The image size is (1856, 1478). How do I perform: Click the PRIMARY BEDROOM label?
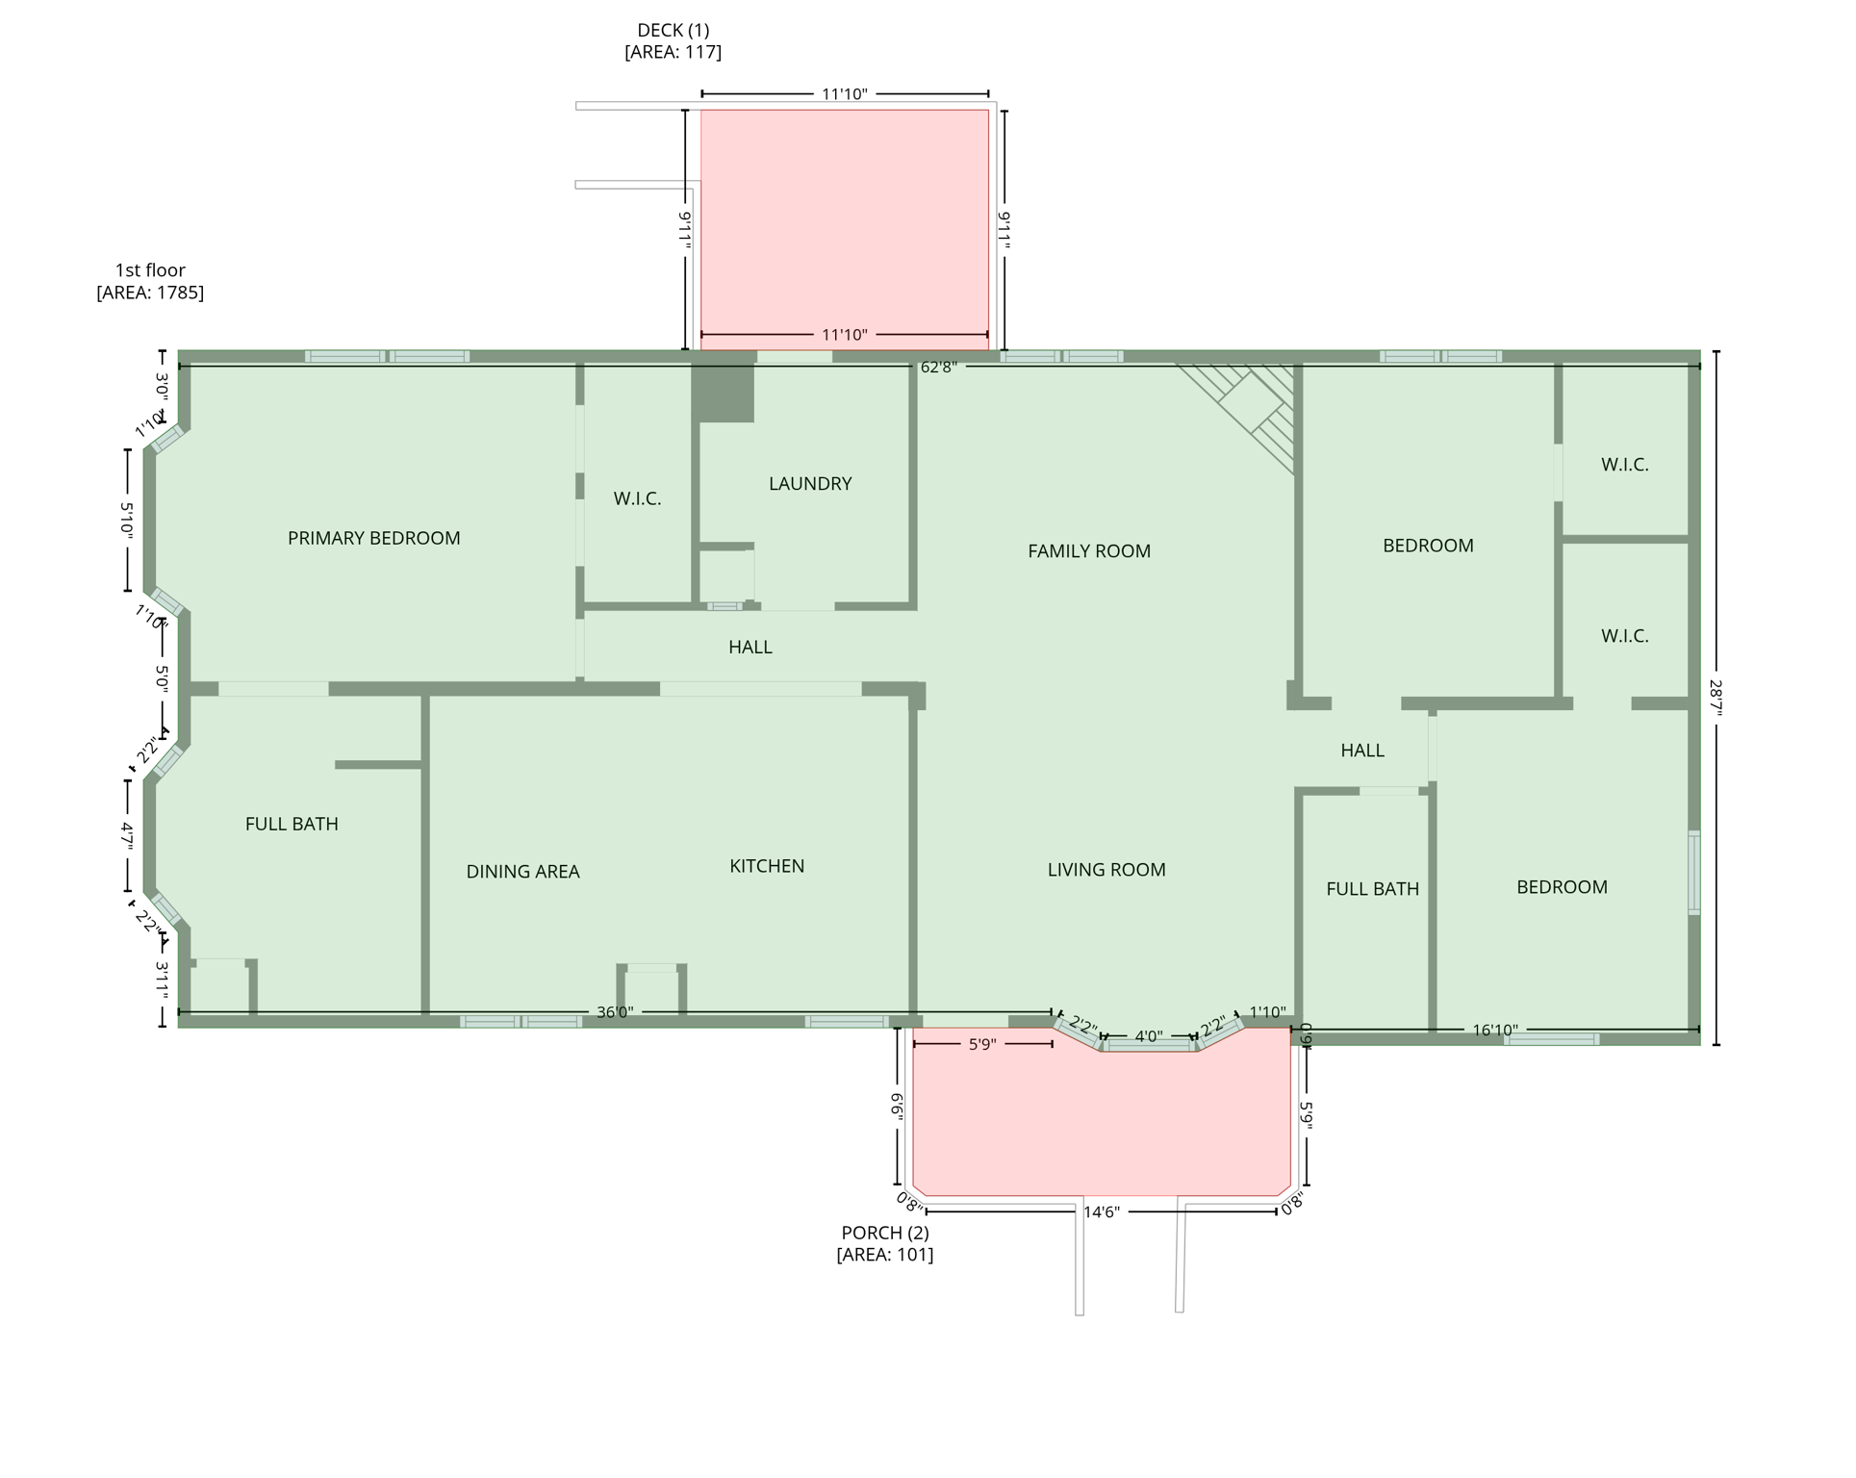[374, 539]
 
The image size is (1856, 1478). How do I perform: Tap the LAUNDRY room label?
[811, 484]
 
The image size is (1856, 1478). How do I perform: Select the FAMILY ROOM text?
[1090, 551]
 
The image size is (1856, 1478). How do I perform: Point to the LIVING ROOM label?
[1107, 870]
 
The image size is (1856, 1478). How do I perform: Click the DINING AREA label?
[523, 872]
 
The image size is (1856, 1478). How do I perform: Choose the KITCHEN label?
[768, 866]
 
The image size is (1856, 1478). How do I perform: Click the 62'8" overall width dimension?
[939, 368]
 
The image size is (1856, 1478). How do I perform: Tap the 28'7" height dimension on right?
[1716, 698]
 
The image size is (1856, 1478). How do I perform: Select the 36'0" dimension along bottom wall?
[615, 1012]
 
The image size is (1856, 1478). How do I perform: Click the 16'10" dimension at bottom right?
[1496, 1031]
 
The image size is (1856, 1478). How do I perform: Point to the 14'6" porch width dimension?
[1103, 1212]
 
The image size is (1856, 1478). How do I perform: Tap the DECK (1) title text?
[674, 31]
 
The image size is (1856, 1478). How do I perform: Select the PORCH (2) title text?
[885, 1234]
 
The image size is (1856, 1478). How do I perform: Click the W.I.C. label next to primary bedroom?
[638, 498]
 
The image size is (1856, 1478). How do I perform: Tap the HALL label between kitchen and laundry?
[750, 648]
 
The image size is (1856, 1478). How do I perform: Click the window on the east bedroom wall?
[1694, 873]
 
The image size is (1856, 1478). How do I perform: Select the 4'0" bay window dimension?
[1149, 1037]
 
